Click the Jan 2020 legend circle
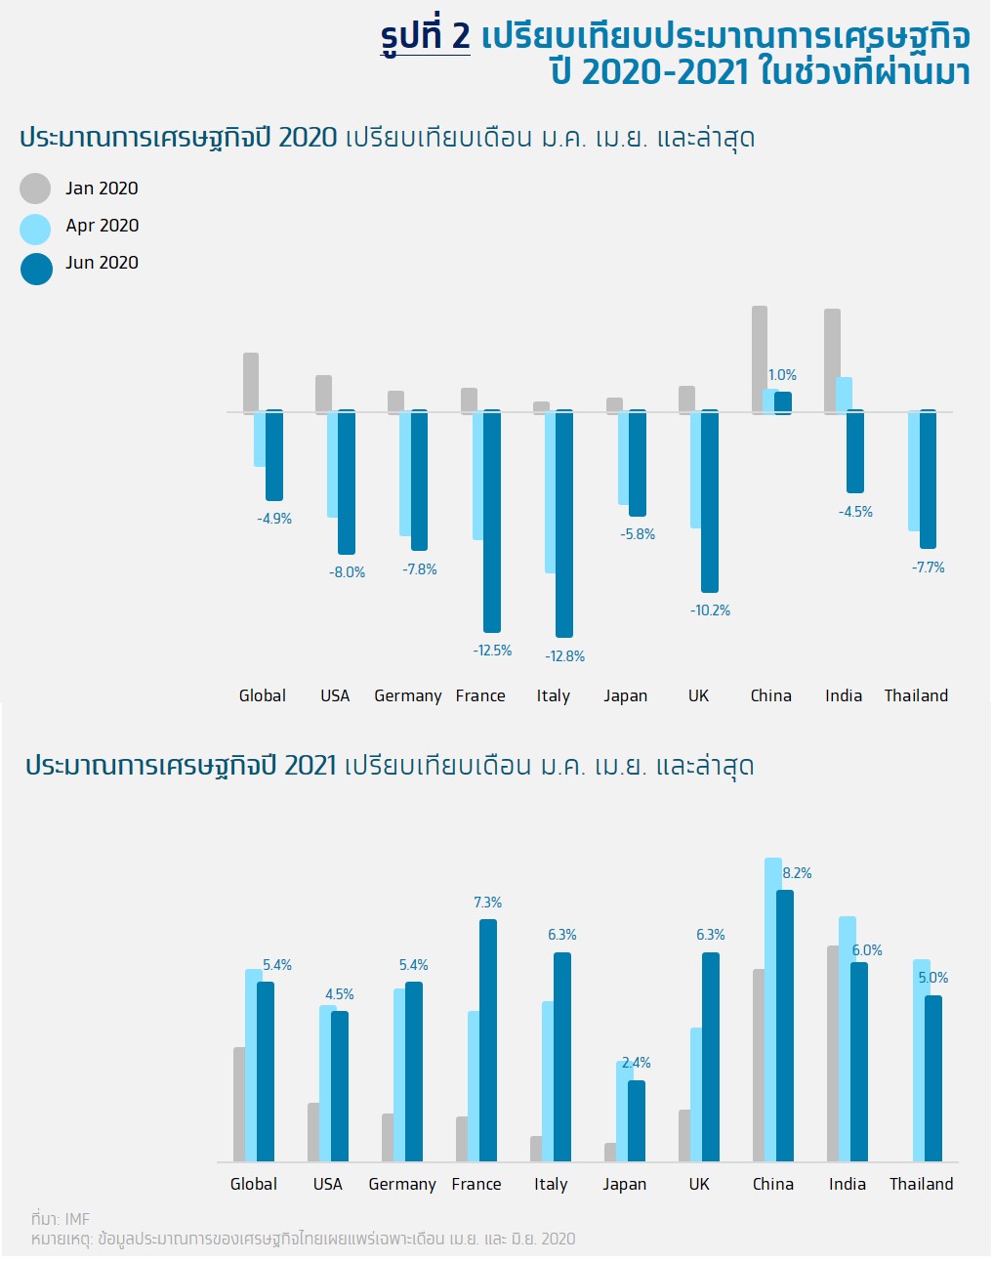click(x=35, y=189)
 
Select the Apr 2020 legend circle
click(x=35, y=230)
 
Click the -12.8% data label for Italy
click(x=564, y=656)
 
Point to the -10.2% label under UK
click(x=710, y=610)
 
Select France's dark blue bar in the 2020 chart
click(x=492, y=521)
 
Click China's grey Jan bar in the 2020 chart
click(x=759, y=359)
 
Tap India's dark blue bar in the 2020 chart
click(x=855, y=451)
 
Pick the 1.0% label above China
click(x=782, y=375)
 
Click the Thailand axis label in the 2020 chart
click(x=916, y=695)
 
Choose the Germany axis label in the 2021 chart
click(x=401, y=1184)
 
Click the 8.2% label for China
click(x=797, y=873)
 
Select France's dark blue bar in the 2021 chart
click(x=487, y=1040)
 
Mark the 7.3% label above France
click(x=487, y=903)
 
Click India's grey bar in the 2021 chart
click(x=833, y=1053)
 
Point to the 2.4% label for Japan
click(x=637, y=1063)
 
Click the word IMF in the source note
click(x=77, y=1219)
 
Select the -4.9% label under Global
click(x=274, y=519)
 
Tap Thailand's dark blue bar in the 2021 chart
click(x=933, y=1078)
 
